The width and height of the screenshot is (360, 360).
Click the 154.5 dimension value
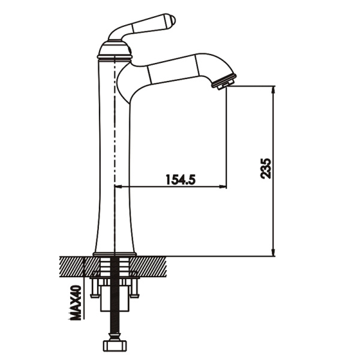[180, 179]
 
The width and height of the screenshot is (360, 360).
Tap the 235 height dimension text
[266, 168]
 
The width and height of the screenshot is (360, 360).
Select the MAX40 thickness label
[76, 302]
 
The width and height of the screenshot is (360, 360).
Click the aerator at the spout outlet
[224, 82]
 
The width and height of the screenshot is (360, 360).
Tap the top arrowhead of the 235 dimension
[274, 89]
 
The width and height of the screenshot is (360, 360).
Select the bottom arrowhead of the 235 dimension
[274, 253]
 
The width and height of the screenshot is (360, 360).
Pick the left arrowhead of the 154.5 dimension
[118, 187]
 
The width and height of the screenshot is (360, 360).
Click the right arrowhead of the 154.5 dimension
[223, 187]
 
